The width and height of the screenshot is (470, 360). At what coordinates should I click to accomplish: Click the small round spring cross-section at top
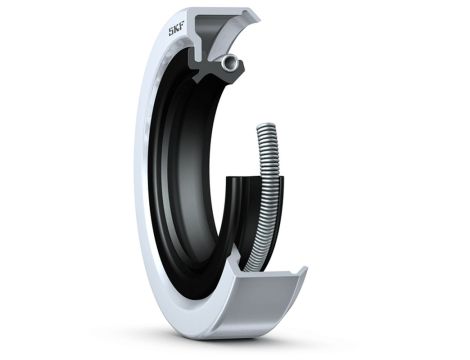[232, 64]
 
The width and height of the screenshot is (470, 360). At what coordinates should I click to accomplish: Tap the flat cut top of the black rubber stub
[243, 180]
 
